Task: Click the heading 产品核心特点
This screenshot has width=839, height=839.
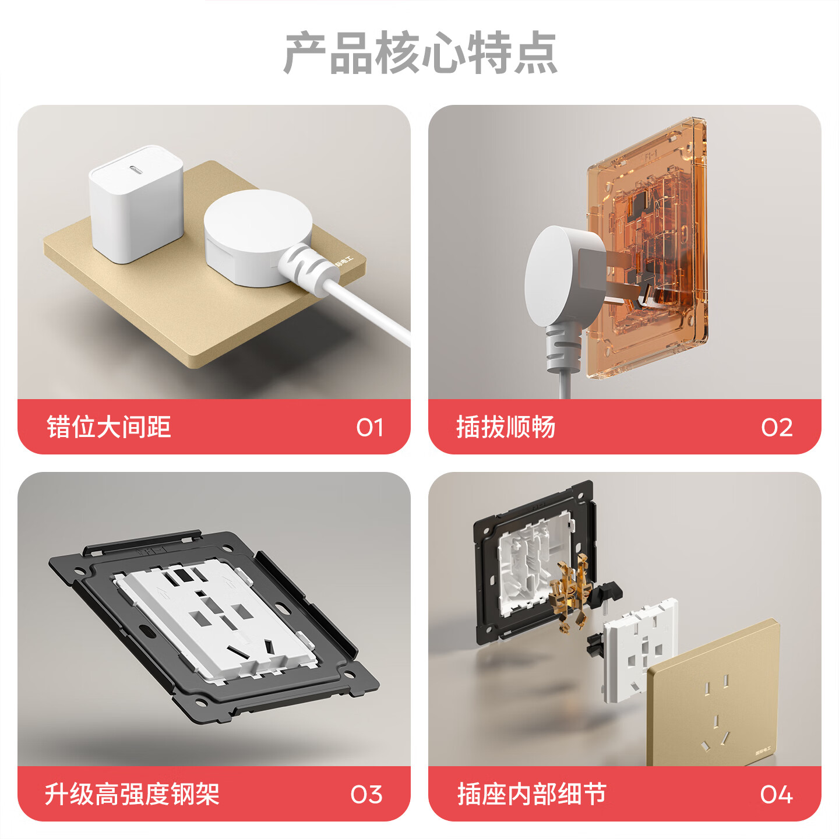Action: click(420, 53)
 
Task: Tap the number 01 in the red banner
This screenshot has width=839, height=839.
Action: click(369, 428)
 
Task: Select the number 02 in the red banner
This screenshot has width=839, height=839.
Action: click(777, 428)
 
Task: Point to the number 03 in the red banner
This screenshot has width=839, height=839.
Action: click(366, 795)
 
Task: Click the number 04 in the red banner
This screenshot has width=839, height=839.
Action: click(776, 795)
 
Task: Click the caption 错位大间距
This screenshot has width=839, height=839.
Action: click(109, 427)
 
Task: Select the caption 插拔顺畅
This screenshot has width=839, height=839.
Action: click(506, 427)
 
